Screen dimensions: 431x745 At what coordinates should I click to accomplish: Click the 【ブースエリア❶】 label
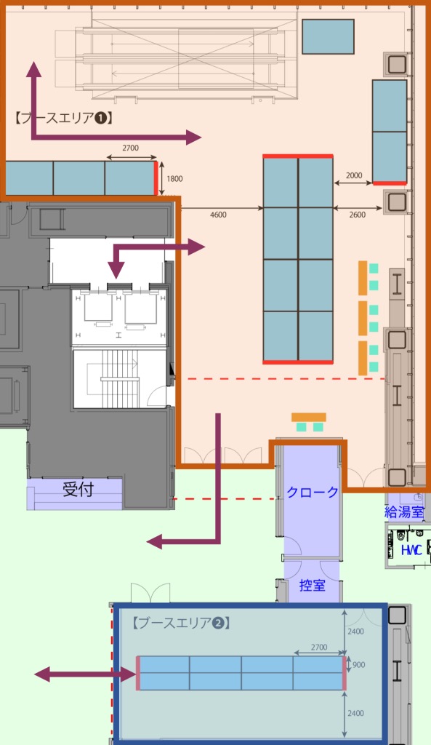coord(63,118)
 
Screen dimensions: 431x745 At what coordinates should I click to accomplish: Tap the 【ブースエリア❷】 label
coord(181,623)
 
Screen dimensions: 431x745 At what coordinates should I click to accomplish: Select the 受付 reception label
coord(78,489)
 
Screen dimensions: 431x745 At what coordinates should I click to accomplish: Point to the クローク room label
coord(312,492)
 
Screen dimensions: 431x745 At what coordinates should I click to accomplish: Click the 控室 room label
coord(312,585)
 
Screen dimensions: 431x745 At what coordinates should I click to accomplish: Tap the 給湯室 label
coord(404,511)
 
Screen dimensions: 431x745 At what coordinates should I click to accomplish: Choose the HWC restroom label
coord(411,550)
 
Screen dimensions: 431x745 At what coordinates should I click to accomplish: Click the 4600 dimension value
coord(218,215)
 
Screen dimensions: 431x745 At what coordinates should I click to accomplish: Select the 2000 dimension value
coord(354,175)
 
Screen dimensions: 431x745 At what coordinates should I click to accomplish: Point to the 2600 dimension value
coord(357,215)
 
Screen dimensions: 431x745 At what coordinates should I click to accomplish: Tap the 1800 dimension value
coord(174,179)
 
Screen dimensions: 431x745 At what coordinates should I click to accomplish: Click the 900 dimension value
coord(358,665)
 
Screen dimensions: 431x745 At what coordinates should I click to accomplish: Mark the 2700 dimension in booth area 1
coord(131,148)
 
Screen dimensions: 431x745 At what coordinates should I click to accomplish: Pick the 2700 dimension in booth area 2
coord(319,647)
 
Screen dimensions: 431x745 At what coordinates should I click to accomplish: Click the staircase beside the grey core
coord(121,378)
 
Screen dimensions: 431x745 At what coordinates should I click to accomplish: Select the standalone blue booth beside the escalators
coord(328,36)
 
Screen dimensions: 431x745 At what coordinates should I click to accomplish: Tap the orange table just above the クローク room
coord(309,418)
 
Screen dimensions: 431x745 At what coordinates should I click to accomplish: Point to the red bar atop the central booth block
coord(298,156)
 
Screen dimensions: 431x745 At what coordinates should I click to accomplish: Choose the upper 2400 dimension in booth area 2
coord(355,632)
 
